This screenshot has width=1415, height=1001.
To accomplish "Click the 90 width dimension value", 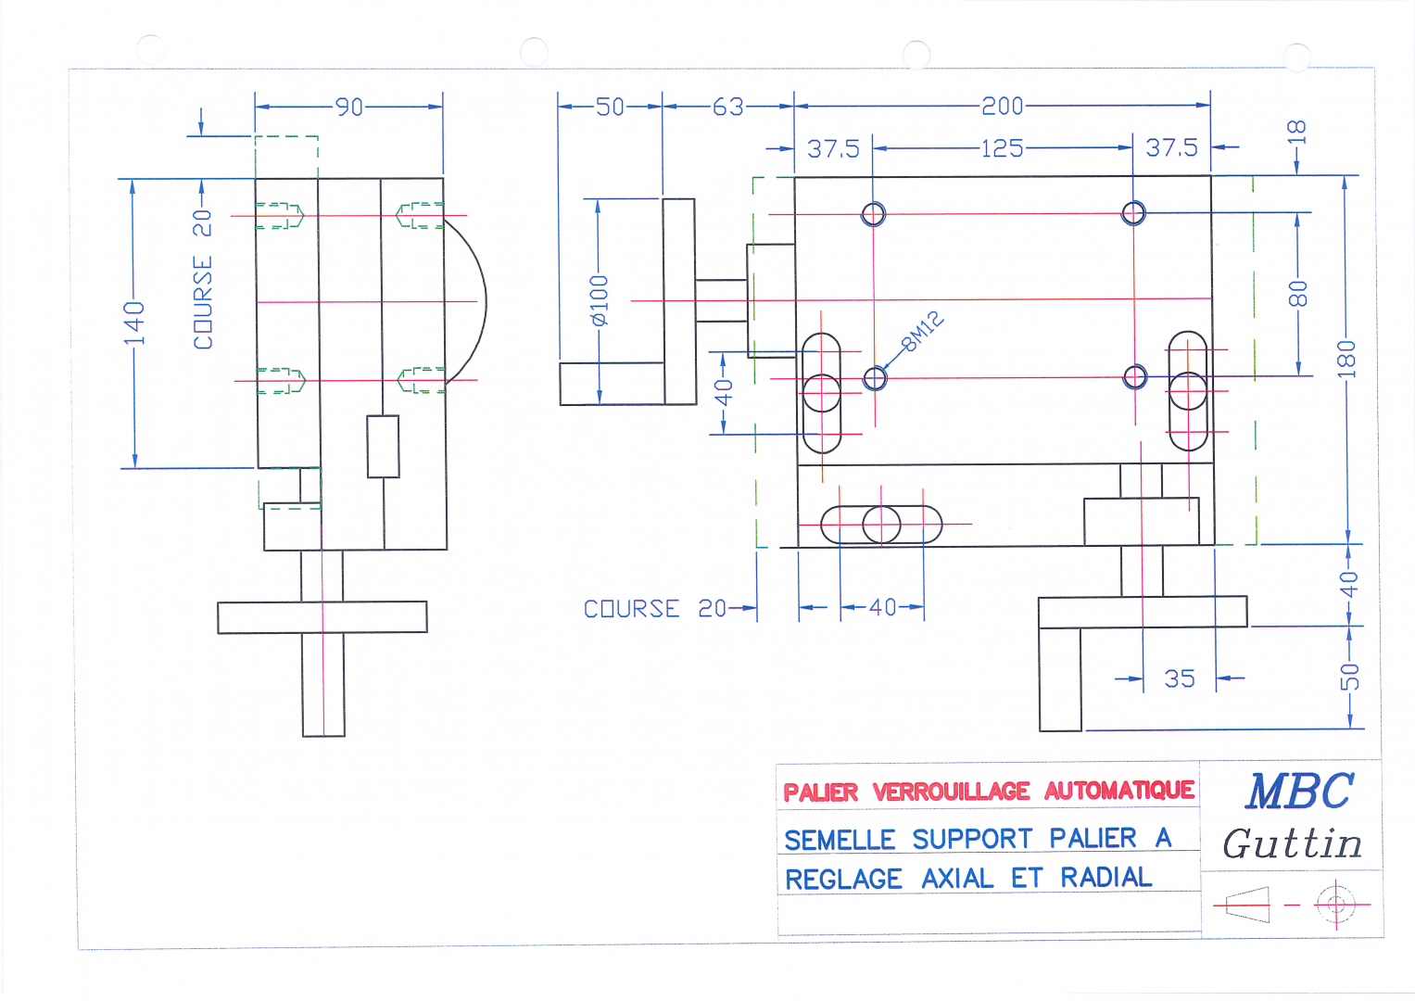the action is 348,107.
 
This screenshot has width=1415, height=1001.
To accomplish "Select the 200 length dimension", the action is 1002,106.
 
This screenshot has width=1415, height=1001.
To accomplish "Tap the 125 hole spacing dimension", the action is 1002,148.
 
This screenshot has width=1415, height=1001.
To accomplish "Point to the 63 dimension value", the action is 727,107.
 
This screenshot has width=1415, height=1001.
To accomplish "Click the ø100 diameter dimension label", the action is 599,300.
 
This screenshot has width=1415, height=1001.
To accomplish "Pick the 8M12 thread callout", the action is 923,331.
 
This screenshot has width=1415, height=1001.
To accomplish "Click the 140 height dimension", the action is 134,323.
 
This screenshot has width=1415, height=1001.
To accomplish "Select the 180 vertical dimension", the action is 1346,359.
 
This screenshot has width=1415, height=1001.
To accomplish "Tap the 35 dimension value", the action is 1180,678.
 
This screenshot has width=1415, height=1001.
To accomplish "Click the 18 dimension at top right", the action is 1295,132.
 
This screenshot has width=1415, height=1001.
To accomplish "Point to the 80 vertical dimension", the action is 1297,294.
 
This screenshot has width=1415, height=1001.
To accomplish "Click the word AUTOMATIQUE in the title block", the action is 1118,791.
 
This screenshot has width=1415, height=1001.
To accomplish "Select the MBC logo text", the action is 1299,792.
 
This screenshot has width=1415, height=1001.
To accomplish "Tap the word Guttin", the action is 1292,843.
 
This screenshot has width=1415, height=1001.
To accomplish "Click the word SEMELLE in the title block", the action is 840,841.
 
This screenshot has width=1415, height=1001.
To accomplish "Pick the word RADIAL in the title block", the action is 1106,877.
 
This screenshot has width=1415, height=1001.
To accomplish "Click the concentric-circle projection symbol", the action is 1336,905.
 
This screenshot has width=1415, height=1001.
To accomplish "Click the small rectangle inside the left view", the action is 383,446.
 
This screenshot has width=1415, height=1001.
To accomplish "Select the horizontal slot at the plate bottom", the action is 881,524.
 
